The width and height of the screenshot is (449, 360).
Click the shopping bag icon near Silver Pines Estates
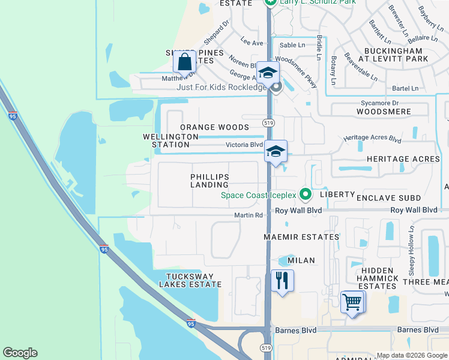tap(185, 61)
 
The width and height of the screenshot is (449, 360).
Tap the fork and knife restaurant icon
tap(282, 280)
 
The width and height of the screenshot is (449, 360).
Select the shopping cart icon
tap(352, 301)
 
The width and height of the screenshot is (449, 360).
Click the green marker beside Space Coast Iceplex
tap(306, 194)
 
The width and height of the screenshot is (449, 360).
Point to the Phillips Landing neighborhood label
tap(209, 181)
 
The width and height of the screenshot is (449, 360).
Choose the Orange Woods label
tap(214, 127)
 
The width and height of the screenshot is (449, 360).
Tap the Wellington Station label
tap(170, 140)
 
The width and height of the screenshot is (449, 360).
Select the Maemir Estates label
tap(301, 237)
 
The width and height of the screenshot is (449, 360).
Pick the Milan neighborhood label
tap(301, 261)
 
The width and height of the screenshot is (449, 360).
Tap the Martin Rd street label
tap(249, 215)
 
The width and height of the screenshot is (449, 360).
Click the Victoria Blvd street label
tap(244, 145)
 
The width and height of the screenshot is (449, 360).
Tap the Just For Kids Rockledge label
tap(221, 87)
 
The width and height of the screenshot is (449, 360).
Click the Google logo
tap(20, 353)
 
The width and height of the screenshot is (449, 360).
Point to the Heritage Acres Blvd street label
tap(372, 138)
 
